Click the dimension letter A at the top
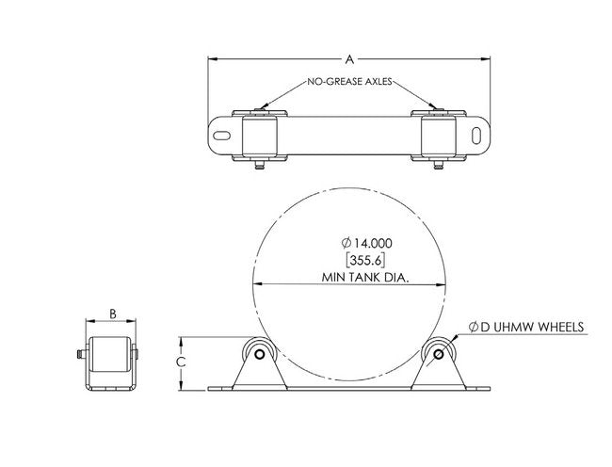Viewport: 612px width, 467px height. click(x=349, y=58)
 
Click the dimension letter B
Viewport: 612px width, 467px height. click(x=112, y=315)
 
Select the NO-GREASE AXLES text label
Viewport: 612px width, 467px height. click(x=349, y=84)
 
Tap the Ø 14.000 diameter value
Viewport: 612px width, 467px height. click(x=349, y=243)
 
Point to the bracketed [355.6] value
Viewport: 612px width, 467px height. click(x=349, y=260)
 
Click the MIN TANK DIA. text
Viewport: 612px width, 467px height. click(x=349, y=277)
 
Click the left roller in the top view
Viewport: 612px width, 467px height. click(x=259, y=137)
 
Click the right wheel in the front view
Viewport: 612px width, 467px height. click(x=439, y=354)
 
